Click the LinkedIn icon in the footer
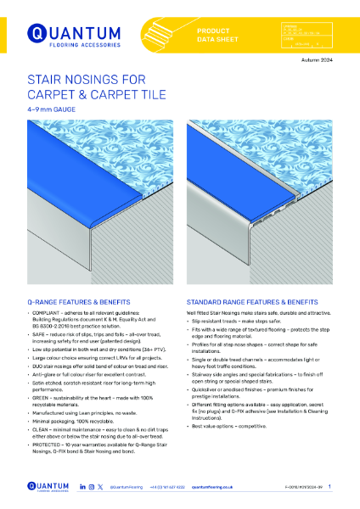click(x=82, y=488)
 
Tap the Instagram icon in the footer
click(x=90, y=488)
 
